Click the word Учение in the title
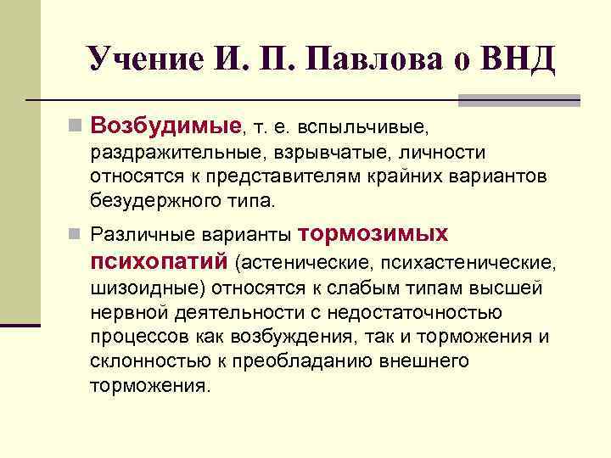click(139, 59)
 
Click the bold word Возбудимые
click(165, 127)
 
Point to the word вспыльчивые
click(373, 129)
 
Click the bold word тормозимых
click(374, 234)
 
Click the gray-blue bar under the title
click(519, 101)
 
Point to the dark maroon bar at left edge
click(20, 324)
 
